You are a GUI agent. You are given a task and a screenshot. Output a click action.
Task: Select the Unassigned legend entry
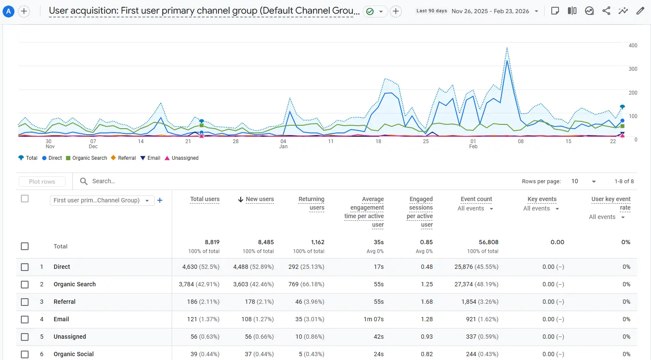[x=181, y=158]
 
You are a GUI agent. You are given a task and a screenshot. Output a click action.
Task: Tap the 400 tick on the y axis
[x=633, y=46]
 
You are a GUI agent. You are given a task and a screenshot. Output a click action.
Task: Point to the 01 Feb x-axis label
[x=473, y=144]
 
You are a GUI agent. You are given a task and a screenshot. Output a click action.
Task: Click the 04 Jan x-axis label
[x=283, y=144]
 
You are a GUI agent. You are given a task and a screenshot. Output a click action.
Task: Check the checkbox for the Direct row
[x=25, y=267]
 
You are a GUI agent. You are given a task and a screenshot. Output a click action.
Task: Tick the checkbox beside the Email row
[x=25, y=320]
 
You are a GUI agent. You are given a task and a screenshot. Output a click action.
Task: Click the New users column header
[x=259, y=199]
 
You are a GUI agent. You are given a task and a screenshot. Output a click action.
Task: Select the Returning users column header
[x=311, y=204]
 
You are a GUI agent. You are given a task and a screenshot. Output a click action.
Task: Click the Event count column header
[x=476, y=199]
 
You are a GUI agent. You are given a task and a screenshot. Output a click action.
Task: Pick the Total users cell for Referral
[x=203, y=302]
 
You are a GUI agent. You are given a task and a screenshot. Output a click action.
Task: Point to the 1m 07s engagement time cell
[x=374, y=320]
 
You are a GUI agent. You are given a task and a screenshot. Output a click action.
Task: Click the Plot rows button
[x=42, y=181]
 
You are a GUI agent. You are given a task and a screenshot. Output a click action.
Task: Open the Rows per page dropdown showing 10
[x=583, y=181]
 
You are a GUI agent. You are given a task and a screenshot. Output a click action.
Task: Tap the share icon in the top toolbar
[x=606, y=11]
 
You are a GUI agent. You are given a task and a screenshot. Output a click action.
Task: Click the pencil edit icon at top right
[x=640, y=11]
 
